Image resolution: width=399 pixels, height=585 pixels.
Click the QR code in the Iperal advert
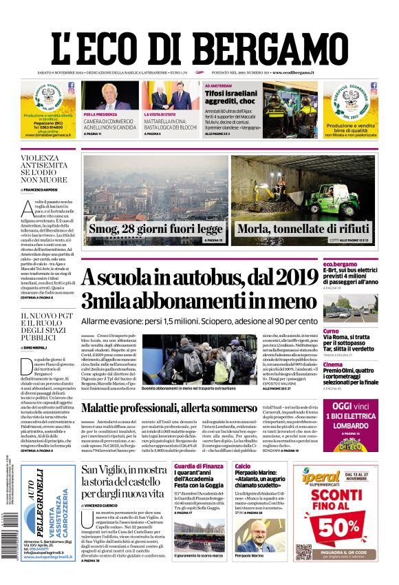click(x=304, y=552)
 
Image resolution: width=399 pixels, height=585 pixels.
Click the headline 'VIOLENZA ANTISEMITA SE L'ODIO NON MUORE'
click(x=47, y=170)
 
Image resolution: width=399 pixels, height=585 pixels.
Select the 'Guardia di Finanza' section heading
click(x=199, y=466)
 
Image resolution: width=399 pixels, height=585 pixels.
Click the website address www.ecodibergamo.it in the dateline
click(x=293, y=72)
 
